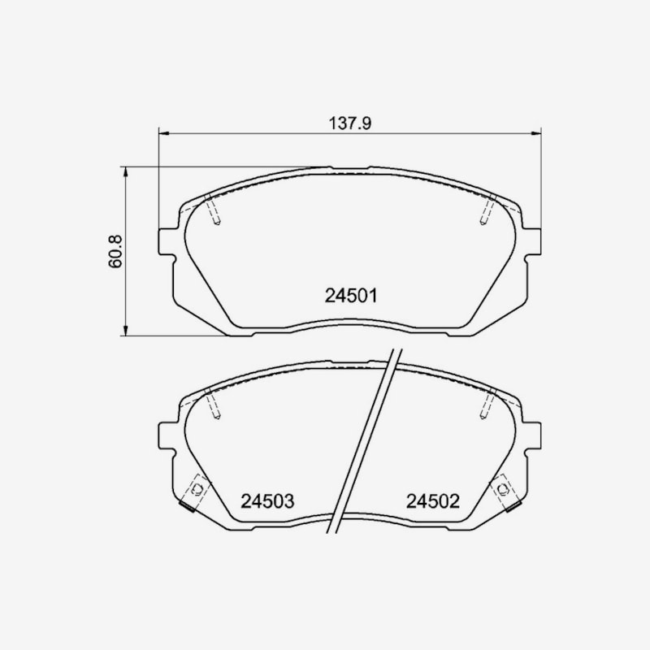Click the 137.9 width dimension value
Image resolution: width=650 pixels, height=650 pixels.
tap(350, 123)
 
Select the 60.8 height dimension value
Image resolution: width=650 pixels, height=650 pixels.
tap(116, 251)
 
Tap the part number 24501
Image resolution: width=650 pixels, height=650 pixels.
tap(351, 296)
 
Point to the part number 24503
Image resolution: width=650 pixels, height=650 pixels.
tap(267, 501)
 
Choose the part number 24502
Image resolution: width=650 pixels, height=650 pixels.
tap(433, 501)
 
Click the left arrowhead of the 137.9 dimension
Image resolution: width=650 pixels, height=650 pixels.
tap(164, 133)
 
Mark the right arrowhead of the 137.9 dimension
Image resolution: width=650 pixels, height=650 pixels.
tap(536, 133)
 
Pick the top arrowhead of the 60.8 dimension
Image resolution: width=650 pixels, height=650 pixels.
tap(125, 172)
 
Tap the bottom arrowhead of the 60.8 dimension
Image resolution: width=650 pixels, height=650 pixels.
tap(125, 330)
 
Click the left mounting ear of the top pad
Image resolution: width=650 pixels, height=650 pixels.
tap(167, 241)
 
